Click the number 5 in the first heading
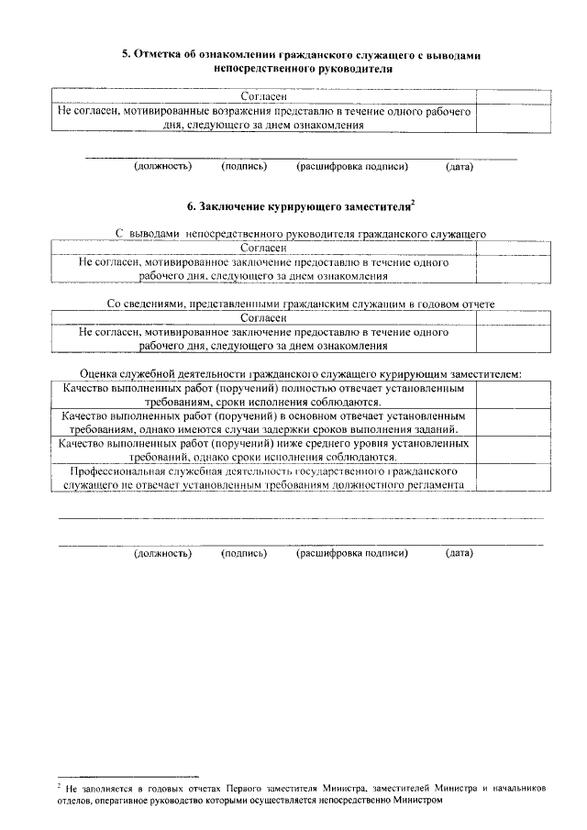127,56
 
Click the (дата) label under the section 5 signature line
459,167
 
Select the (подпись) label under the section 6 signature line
244,553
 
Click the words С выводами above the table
150,235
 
